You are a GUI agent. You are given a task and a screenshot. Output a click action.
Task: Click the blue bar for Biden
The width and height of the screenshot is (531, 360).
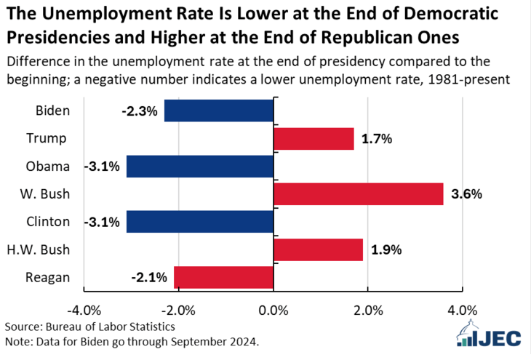click(x=219, y=111)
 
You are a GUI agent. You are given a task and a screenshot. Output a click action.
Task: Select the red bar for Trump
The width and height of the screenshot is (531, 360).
click(x=314, y=139)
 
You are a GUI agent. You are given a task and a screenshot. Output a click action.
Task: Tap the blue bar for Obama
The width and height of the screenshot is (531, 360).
click(x=200, y=167)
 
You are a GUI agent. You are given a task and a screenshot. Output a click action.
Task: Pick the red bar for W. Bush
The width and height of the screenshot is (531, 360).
click(x=358, y=194)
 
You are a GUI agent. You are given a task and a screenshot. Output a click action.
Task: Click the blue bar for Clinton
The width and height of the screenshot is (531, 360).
click(x=200, y=222)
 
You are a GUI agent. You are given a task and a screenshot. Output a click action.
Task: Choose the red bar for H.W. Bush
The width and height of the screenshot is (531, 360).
click(x=318, y=249)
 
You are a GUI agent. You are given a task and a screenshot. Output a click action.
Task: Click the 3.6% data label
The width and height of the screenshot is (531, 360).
click(x=466, y=194)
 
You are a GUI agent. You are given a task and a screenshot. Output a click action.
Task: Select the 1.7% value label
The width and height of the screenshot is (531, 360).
click(x=377, y=139)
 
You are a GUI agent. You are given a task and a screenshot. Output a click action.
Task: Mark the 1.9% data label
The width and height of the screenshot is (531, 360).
click(x=386, y=249)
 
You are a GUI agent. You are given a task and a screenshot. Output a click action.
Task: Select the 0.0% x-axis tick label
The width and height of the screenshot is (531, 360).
click(x=274, y=311)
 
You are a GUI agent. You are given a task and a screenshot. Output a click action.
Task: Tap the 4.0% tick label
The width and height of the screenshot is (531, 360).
click(x=462, y=311)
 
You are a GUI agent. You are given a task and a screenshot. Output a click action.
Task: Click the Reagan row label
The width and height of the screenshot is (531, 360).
click(x=48, y=277)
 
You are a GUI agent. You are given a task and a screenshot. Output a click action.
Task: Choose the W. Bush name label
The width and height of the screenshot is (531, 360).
click(x=44, y=194)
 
